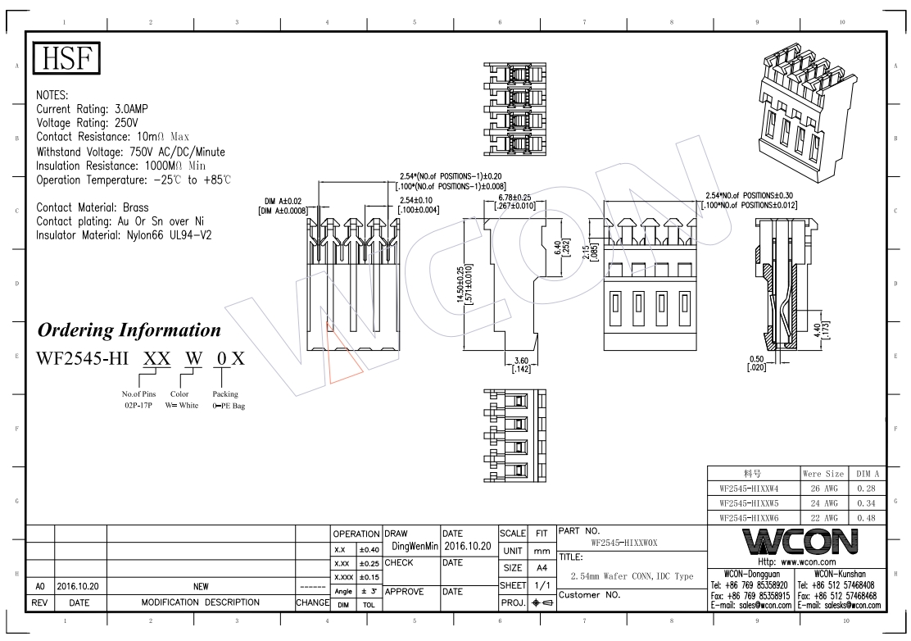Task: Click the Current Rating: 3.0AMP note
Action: pos(93,108)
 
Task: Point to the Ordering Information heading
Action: pos(129,330)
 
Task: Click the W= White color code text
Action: pos(183,405)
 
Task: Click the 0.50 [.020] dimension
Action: pos(756,362)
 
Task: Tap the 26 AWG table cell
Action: pos(823,488)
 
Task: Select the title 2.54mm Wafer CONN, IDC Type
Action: pos(632,577)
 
